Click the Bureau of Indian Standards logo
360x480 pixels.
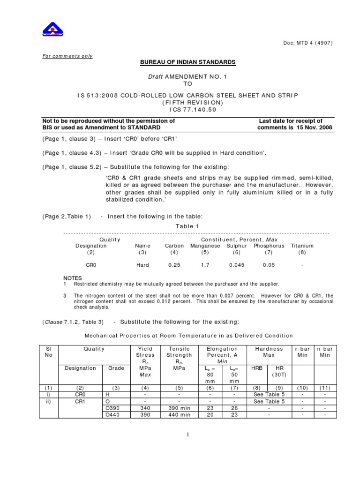click(53, 29)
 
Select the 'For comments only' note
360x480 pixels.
click(67, 56)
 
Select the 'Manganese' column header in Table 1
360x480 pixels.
click(205, 246)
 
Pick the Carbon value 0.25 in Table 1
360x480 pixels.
click(174, 265)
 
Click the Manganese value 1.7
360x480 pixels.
click(205, 265)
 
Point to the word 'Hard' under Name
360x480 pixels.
click(142, 265)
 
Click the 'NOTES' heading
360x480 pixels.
click(72, 277)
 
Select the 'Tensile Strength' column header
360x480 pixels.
click(176, 352)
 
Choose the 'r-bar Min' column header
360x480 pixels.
click(303, 352)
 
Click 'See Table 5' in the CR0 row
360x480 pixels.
click(269, 395)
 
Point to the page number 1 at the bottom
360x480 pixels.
click(188, 435)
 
